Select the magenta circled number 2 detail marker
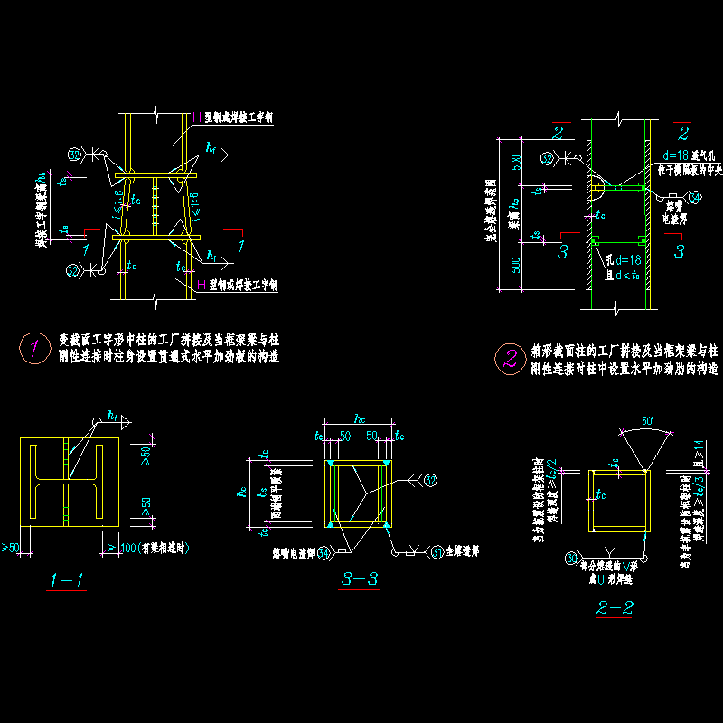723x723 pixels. tap(509, 360)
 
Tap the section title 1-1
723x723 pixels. tap(69, 581)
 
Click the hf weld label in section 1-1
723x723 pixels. tap(113, 415)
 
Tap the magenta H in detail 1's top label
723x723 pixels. tap(197, 117)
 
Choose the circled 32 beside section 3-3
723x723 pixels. tap(430, 478)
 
